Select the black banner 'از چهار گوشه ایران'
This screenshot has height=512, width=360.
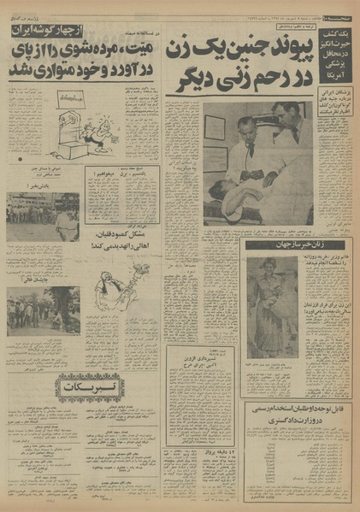pos(44,32)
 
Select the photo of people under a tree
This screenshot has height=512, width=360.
pos(42,311)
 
